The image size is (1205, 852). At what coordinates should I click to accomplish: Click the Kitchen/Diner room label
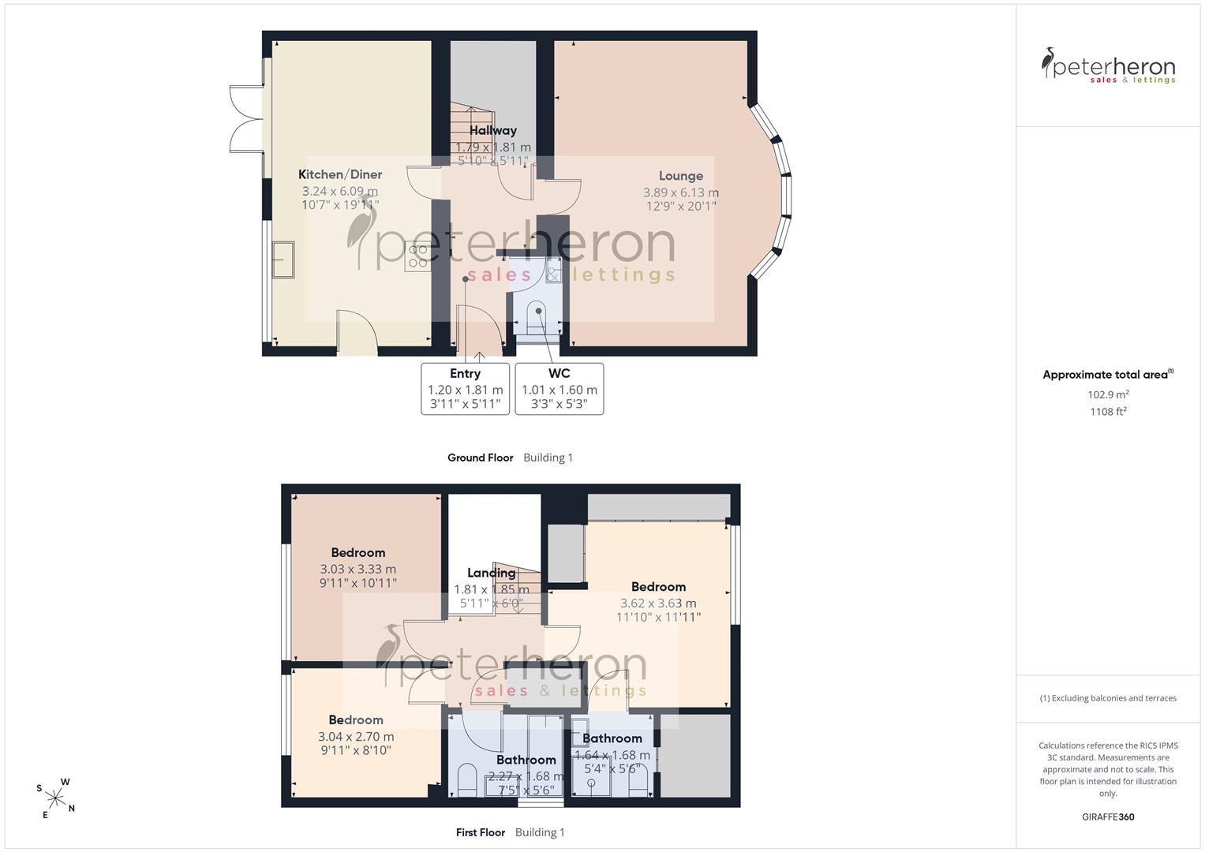point(340,174)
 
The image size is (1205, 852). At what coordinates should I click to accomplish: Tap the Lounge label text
point(681,176)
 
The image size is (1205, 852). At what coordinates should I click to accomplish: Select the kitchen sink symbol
point(283,260)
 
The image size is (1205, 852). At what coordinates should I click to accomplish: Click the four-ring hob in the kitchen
point(418,256)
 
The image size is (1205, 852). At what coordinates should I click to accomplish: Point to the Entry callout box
point(466,389)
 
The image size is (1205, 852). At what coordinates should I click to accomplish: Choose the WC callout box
point(559,389)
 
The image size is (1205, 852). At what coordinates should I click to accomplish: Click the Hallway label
point(492,130)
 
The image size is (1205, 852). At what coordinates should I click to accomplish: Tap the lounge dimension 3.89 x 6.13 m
point(681,192)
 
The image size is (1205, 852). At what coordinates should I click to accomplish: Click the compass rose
point(55,798)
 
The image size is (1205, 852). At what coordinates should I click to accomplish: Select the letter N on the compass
point(72,808)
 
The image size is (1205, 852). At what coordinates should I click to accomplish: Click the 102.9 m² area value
point(1108,394)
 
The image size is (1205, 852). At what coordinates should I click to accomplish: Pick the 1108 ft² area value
point(1108,412)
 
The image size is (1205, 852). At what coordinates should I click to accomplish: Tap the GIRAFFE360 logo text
point(1108,816)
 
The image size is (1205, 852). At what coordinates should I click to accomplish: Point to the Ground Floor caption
point(481,458)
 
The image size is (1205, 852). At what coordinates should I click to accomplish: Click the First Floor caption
point(481,832)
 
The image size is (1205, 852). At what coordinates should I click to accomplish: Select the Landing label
point(491,573)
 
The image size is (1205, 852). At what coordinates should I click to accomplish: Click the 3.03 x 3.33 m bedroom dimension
point(358,569)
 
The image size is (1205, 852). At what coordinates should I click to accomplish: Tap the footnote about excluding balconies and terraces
point(1108,698)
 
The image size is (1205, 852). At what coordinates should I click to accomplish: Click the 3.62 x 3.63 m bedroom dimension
point(658,603)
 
